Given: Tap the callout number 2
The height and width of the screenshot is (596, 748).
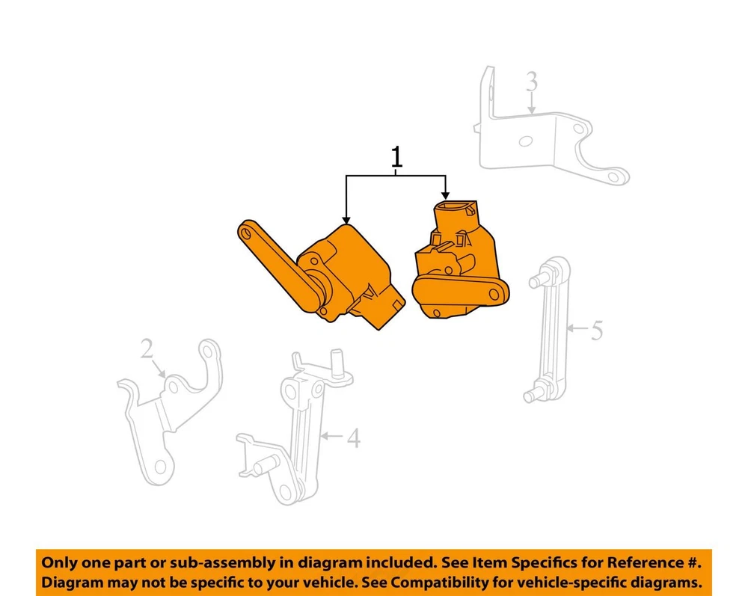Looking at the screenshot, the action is pos(147,348).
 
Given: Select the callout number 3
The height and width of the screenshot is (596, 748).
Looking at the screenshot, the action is pos(532,82).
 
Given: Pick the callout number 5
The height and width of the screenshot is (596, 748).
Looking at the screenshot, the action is pos(597,330).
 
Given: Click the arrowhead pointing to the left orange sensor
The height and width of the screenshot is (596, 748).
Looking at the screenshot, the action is pos(346,220).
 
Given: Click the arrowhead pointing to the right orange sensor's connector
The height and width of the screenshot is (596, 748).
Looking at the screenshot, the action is pos(445,195).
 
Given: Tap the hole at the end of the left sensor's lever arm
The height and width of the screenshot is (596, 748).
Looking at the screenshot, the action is pos(246,233).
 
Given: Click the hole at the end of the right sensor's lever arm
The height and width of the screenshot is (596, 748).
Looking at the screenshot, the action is pos(494,295).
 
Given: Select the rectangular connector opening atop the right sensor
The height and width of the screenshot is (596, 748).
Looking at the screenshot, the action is pos(453,207).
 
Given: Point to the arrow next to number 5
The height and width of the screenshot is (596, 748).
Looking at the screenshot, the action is pos(577,328).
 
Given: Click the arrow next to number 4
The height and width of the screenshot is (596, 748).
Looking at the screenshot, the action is pos(332,435).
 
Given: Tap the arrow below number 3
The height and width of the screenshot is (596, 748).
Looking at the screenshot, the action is pos(531,103).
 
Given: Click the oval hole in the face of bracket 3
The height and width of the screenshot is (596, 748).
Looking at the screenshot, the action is pos(526,141).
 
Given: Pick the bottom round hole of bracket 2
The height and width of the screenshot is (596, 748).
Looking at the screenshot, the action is pos(161,467).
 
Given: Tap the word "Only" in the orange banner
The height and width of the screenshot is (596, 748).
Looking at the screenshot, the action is pos(58,562).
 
